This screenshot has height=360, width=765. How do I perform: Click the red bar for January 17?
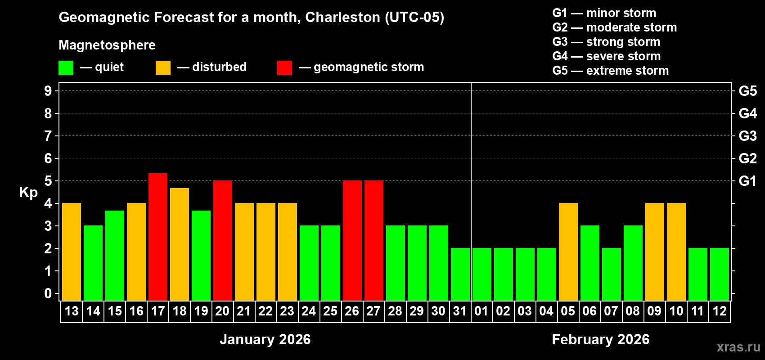[x=158, y=237]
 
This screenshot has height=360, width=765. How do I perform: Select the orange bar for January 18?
[x=180, y=244]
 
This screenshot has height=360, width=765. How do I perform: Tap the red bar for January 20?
[x=223, y=240]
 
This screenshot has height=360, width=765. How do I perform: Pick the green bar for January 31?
[x=460, y=274]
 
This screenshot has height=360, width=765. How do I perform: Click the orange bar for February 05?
[x=568, y=252]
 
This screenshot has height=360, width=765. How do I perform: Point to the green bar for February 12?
[x=720, y=274]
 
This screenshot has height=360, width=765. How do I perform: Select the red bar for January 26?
[x=352, y=240]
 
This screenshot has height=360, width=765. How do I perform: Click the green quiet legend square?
[x=66, y=68]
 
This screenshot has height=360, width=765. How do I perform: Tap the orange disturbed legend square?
[x=163, y=68]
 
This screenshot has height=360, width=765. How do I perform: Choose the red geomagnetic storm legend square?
[x=284, y=68]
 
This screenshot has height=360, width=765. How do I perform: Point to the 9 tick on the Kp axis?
[x=48, y=91]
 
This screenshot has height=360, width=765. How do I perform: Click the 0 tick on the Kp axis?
[x=48, y=293]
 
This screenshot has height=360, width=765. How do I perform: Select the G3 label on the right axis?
[x=747, y=136]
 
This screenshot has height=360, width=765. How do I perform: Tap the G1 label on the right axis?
[x=747, y=181]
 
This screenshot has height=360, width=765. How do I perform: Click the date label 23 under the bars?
[x=287, y=311]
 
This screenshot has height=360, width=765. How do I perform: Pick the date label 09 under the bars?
[x=654, y=311]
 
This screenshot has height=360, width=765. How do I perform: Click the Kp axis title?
[x=28, y=192]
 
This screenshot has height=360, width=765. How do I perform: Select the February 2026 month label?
[x=600, y=339]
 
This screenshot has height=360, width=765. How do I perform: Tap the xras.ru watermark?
[x=738, y=347]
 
